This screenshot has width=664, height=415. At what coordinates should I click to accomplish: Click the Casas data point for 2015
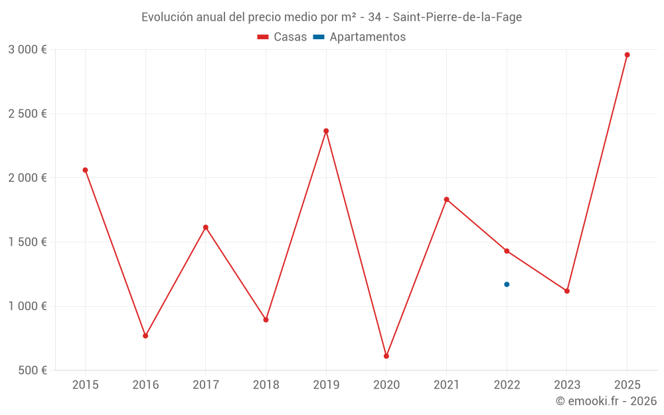[85, 170]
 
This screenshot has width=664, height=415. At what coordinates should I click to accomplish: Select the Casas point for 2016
[145, 336]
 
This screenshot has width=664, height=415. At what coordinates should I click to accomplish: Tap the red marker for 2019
[326, 131]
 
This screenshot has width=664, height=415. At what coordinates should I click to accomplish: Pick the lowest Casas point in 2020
[386, 356]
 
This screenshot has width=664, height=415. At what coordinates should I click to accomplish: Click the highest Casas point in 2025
[627, 55]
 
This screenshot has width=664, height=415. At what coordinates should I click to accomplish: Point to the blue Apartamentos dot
[507, 284]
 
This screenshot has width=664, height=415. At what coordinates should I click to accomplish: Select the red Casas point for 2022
[507, 251]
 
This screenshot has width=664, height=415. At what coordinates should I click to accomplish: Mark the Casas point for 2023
[567, 291]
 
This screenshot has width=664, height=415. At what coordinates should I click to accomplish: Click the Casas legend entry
[282, 37]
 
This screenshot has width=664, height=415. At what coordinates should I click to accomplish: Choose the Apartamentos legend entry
[359, 37]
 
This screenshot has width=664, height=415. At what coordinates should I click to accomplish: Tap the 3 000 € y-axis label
[27, 50]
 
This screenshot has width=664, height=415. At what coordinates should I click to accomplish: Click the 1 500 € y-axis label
[27, 242]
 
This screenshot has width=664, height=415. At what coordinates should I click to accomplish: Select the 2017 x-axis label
[206, 385]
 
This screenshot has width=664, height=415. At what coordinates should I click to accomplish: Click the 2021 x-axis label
[446, 385]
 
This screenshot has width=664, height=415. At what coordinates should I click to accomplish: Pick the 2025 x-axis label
[627, 385]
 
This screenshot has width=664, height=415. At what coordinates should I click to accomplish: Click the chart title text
[331, 17]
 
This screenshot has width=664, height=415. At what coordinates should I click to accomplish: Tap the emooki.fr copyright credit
[606, 401]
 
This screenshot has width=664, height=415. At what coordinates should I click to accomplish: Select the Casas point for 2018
[266, 319]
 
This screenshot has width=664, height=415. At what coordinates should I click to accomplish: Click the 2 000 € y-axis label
[27, 178]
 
